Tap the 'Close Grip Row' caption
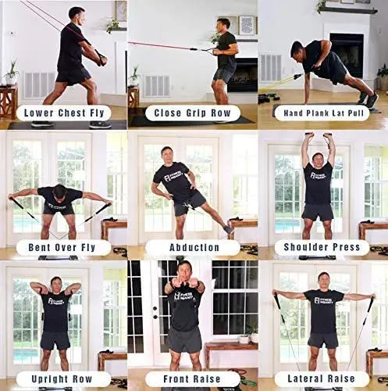click(194, 113)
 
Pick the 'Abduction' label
click(194, 247)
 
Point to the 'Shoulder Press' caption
click(323, 247)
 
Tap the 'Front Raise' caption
click(194, 378)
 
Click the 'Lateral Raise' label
click(323, 378)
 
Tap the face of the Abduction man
click(167, 154)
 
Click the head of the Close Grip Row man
click(223, 26)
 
